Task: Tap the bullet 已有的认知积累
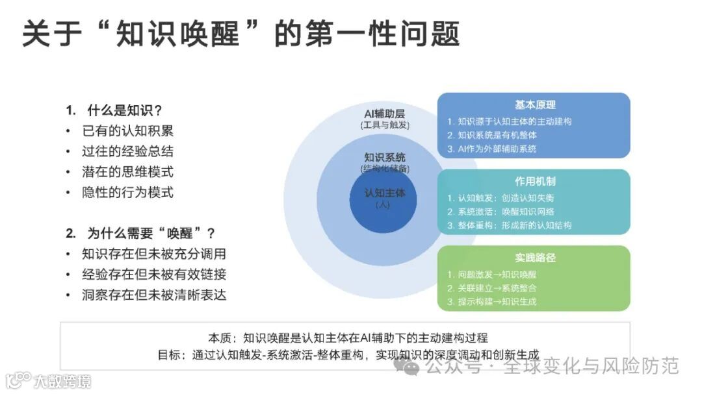pos(127,130)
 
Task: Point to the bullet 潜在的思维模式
pos(127,172)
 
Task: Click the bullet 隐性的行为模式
pos(127,193)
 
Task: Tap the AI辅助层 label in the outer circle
pos(385,113)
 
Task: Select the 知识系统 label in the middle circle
pos(385,157)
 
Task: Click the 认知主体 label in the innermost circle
pos(385,193)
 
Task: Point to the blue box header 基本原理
pos(535,105)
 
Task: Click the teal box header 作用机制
pos(535,181)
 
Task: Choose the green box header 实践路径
pos(535,258)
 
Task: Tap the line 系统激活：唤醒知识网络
pos(500,212)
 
